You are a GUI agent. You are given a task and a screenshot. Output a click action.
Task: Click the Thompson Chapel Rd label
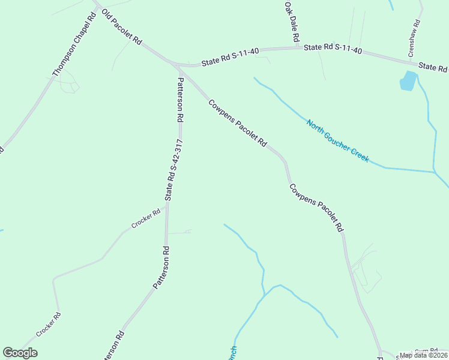[x=73, y=45]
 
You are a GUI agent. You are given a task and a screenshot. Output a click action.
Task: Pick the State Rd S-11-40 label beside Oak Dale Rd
[x=333, y=49]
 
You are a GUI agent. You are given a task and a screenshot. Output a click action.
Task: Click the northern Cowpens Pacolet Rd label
[x=237, y=122]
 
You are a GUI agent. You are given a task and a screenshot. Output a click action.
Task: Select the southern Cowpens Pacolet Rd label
[x=316, y=207]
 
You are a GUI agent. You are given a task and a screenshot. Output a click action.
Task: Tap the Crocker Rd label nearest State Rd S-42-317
[x=146, y=218]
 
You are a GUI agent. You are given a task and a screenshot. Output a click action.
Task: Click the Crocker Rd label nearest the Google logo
[x=48, y=325]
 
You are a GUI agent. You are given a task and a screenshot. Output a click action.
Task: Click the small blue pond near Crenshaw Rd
[x=408, y=81]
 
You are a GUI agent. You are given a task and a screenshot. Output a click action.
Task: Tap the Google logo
[x=20, y=353]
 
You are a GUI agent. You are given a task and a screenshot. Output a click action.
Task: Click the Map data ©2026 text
[x=423, y=355]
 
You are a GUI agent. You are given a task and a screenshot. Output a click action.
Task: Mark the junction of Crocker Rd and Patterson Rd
[x=166, y=204]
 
